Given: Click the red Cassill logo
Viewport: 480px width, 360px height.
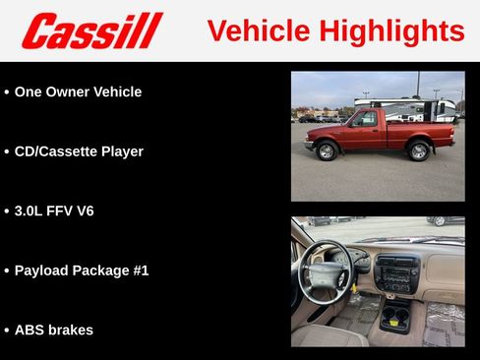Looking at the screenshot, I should (x=91, y=30).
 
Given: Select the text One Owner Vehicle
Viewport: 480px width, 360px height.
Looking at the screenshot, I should (x=78, y=91).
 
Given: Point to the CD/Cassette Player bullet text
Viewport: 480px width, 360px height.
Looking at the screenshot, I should (x=79, y=151).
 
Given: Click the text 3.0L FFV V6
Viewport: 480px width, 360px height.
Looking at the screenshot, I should (x=54, y=210).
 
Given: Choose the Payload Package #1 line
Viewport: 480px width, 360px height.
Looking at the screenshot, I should (x=82, y=270).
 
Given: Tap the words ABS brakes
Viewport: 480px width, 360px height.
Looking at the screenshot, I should (x=54, y=330).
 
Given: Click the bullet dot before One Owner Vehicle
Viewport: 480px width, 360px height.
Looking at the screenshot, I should (x=7, y=92).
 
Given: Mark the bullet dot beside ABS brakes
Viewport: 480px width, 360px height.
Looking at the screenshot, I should (x=7, y=330).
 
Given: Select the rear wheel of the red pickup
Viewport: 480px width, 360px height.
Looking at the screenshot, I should (x=419, y=150).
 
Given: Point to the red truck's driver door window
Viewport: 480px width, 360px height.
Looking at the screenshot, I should (x=365, y=120).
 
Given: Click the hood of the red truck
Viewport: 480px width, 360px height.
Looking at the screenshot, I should (x=325, y=130).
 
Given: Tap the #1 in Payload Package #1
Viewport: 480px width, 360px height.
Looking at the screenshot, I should (x=139, y=270).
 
